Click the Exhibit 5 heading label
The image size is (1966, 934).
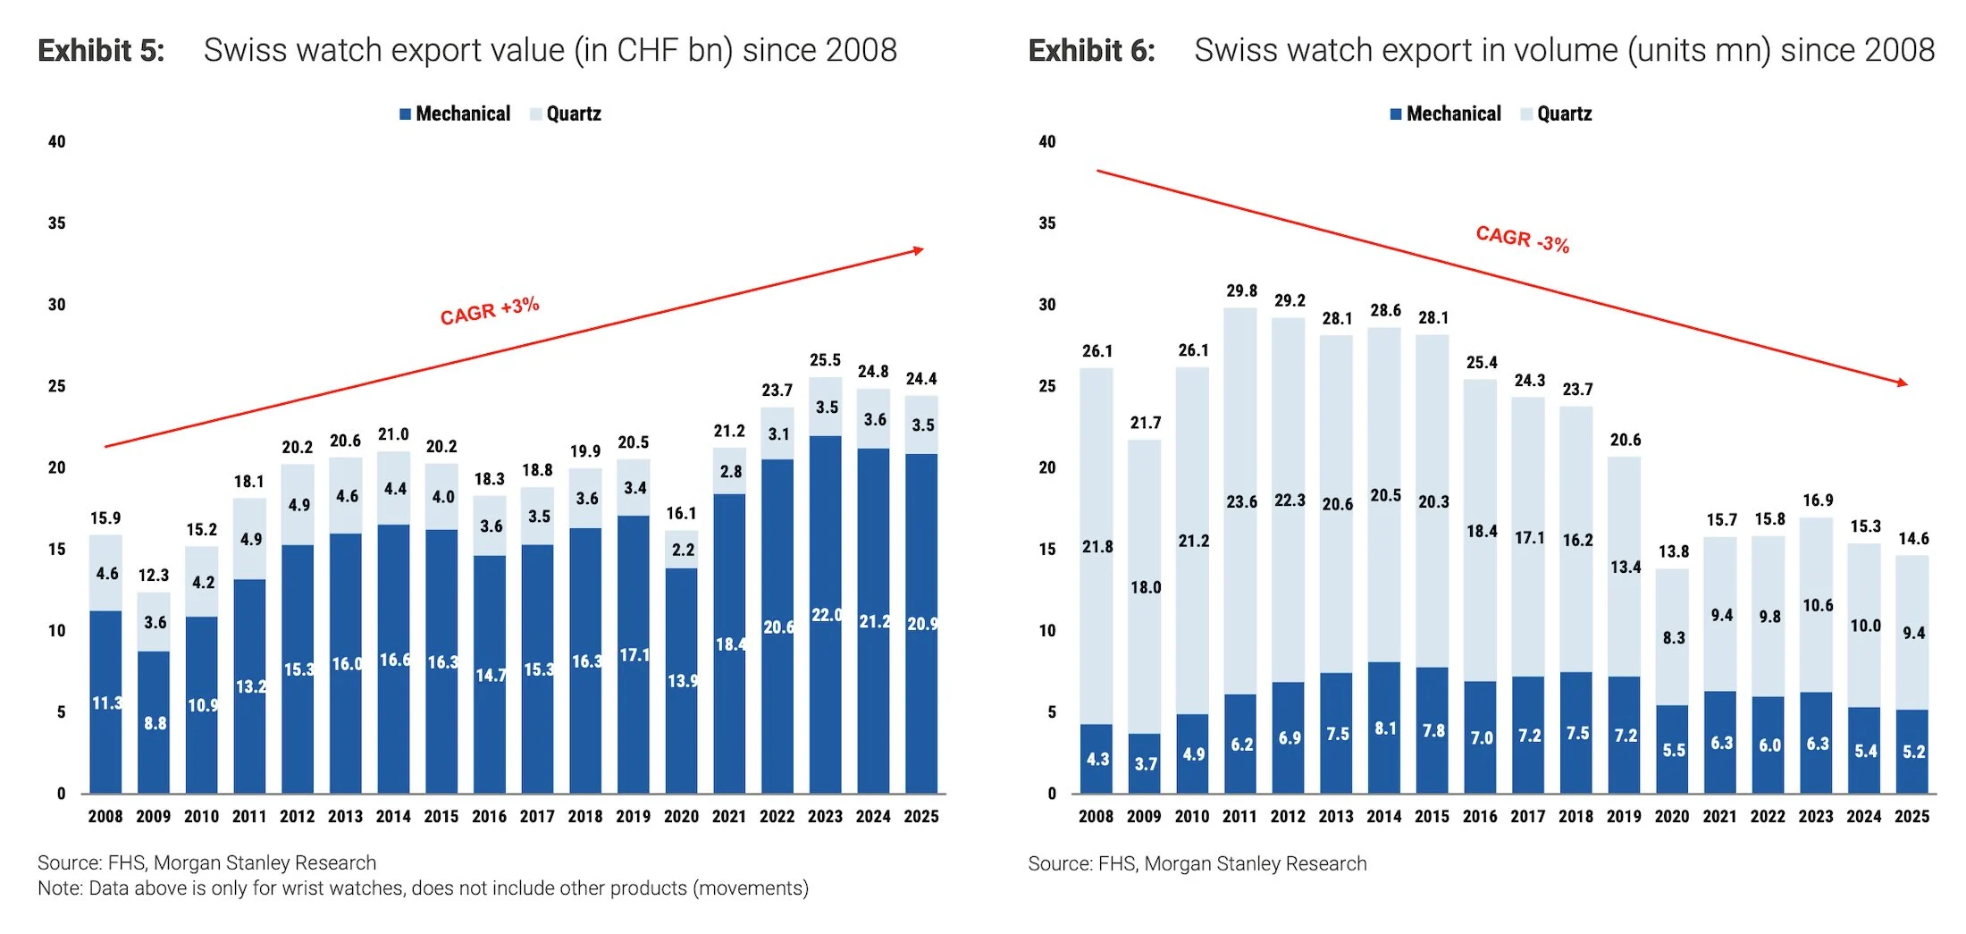coord(101,51)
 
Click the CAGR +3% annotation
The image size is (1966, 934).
coord(490,310)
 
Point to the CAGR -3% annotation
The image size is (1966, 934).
coord(1522,239)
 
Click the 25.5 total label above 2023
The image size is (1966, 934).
coord(825,360)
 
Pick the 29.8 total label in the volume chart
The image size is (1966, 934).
coord(1241,290)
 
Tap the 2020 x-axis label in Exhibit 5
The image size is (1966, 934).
coord(681,816)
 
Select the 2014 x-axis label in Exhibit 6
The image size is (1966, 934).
coord(1383,816)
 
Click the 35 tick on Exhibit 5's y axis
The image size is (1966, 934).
coord(56,223)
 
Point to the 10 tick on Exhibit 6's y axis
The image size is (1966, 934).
coord(1046,630)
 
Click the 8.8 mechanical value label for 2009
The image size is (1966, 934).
coord(155,722)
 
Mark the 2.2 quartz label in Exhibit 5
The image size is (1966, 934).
coord(683,550)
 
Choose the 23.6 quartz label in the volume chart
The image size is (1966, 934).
coord(1241,501)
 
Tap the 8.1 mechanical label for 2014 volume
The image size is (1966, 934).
coord(1385,728)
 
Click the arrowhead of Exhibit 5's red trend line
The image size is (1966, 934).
coord(920,250)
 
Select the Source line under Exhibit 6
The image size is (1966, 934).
coord(1197,863)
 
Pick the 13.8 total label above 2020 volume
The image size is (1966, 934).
coord(1673,551)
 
